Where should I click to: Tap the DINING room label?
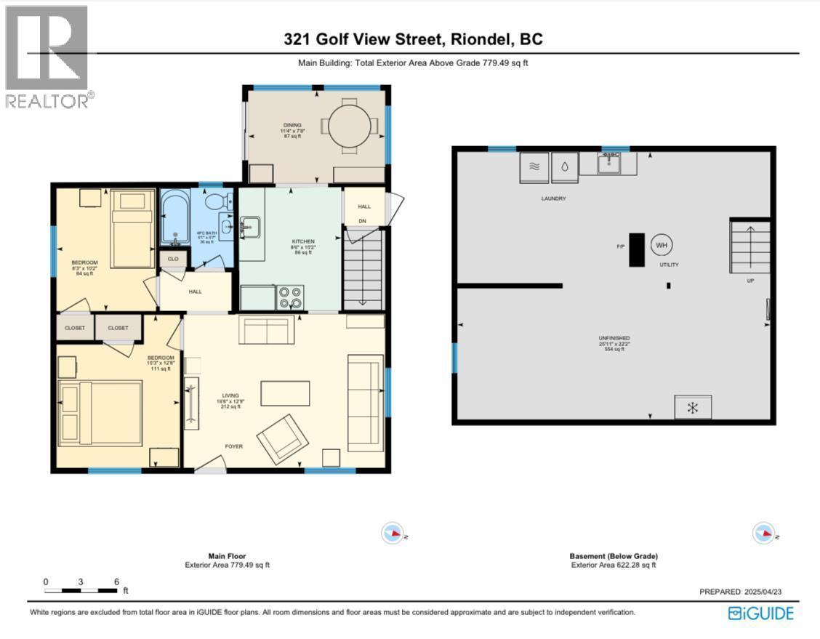tap(292, 125)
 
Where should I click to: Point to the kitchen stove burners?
tap(290, 297)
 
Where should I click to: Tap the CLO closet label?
tap(173, 258)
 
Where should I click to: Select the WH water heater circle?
tap(662, 245)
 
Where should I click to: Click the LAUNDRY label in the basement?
tap(553, 198)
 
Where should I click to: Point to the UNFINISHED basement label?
tap(614, 338)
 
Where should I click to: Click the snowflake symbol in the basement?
tap(693, 408)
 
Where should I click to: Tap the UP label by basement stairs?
tap(750, 280)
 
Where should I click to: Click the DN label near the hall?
tap(362, 221)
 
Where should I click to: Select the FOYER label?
tap(233, 446)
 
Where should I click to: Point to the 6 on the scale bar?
tap(116, 582)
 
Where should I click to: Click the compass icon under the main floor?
tap(392, 534)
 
